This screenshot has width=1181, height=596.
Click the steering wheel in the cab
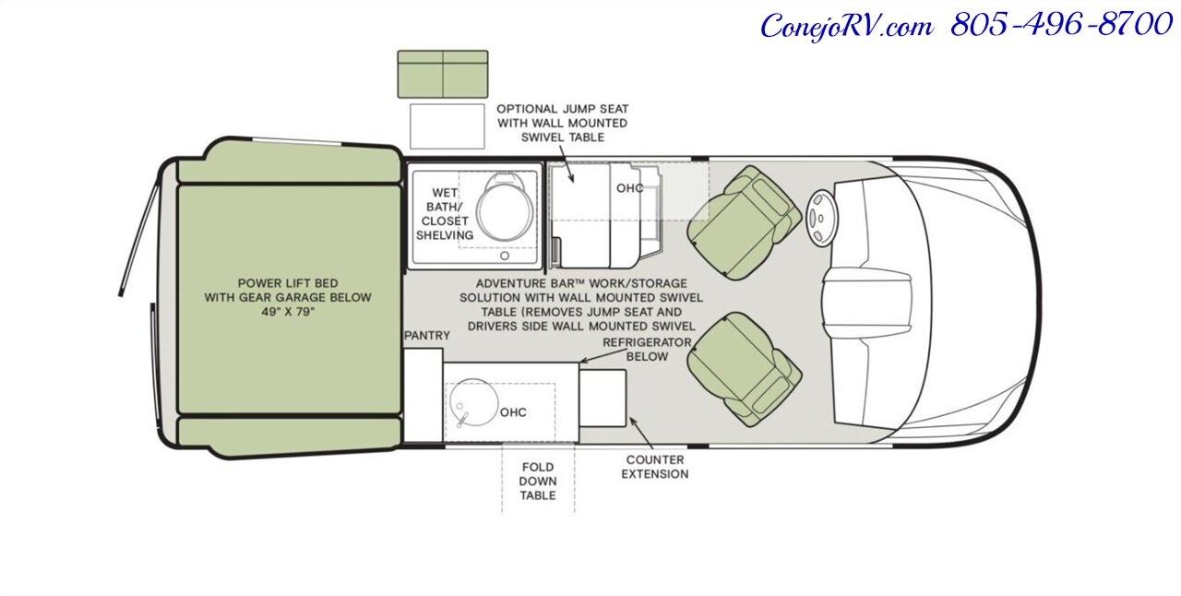[821, 218]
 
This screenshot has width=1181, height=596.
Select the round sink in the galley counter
[472, 403]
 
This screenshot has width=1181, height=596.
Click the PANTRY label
[427, 336]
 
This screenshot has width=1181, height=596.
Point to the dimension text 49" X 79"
[288, 312]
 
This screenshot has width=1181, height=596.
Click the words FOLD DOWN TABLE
[538, 481]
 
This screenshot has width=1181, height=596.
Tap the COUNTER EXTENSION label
[655, 467]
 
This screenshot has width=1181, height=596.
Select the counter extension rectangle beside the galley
[602, 399]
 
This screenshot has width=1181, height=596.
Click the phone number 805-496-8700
[1061, 25]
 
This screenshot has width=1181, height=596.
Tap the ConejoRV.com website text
[846, 27]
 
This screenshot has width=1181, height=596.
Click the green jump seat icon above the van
[443, 74]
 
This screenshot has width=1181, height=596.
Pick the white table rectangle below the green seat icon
[447, 126]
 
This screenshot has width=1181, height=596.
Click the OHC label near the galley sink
[513, 412]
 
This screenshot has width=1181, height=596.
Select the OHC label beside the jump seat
[630, 188]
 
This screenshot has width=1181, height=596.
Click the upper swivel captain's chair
[744, 222]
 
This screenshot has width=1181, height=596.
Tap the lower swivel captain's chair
[745, 369]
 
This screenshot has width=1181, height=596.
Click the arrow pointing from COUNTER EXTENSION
[641, 433]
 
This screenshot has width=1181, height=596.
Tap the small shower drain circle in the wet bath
[505, 256]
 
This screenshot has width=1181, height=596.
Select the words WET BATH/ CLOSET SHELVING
[445, 214]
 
